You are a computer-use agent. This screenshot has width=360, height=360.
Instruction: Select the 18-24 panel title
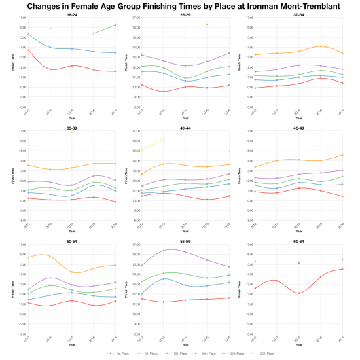coord(72,13)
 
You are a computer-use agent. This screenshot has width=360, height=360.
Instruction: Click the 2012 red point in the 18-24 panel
coord(28,50)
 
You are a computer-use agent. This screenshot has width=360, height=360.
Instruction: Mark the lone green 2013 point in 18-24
coord(50,29)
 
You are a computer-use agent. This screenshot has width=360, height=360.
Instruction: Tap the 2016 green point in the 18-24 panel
coord(116,25)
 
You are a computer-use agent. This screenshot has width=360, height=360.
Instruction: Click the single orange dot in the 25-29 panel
coord(207,24)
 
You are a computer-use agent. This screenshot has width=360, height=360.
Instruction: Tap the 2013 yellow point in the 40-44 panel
coord(163,138)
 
